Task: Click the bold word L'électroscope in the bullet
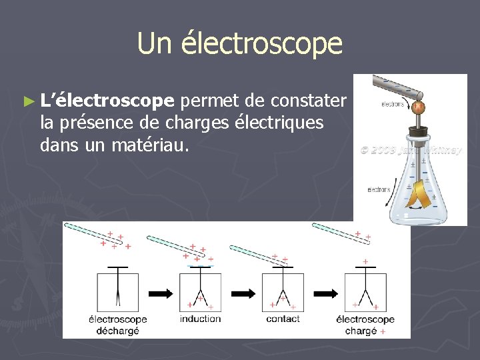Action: pos(107,101)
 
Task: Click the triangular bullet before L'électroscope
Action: pos(27,102)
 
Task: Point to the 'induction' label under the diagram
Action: pos(200,319)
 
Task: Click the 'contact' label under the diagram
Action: pos(283,319)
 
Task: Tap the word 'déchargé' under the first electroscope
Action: pos(118,331)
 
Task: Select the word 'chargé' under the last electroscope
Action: pos(361,331)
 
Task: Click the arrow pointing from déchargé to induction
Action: pos(160,293)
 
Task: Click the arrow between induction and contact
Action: pos(243,293)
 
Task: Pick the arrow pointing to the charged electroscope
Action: pos(325,293)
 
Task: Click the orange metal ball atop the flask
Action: pos(418,107)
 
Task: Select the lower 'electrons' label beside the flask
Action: pos(379,190)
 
